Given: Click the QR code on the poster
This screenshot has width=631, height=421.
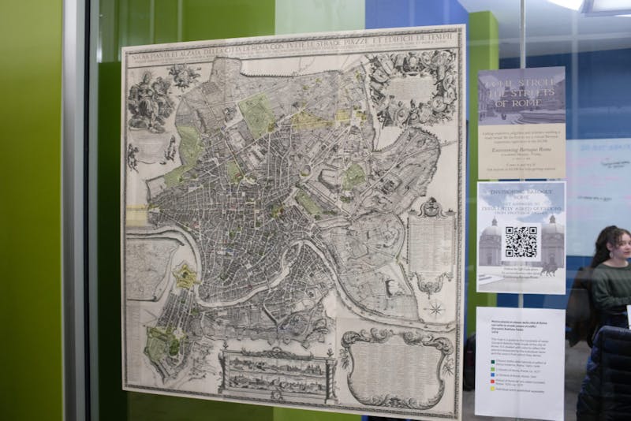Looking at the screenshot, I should click(x=521, y=242).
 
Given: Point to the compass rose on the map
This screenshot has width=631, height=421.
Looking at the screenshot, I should click(x=435, y=308).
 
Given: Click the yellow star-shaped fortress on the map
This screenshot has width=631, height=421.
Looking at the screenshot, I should click(x=186, y=275).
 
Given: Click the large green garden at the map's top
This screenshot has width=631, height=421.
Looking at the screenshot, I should click(x=257, y=115).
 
